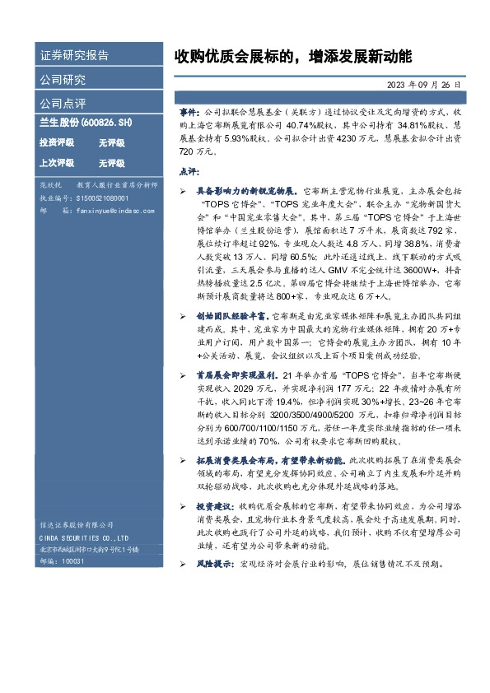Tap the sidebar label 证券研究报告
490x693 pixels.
73,56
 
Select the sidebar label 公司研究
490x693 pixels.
63,80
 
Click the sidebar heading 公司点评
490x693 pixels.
63,104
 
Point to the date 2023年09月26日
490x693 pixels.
421,85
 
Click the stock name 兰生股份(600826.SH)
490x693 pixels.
86,123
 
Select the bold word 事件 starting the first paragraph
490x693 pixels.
189,110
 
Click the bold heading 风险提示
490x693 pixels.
212,565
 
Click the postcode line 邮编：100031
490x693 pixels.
63,560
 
